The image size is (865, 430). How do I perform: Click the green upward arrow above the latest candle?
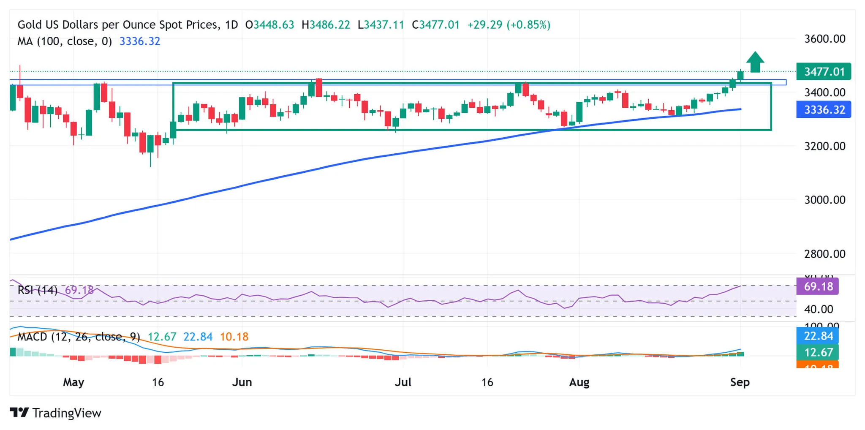click(x=755, y=62)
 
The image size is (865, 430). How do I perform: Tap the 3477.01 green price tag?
click(x=823, y=71)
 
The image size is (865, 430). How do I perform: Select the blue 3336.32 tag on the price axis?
click(x=823, y=110)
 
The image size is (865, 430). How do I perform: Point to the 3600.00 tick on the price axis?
click(x=824, y=39)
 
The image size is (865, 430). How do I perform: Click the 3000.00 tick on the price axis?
click(x=824, y=200)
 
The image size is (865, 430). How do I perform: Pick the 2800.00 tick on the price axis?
click(x=824, y=254)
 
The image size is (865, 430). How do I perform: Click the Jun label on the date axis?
click(x=242, y=382)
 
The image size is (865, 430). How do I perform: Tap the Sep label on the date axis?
click(x=740, y=382)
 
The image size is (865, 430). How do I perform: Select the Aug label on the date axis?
click(x=579, y=382)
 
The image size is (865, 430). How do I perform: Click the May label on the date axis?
click(x=73, y=382)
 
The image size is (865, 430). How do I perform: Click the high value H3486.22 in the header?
click(x=326, y=25)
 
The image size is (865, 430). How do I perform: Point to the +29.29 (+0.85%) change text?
click(x=509, y=25)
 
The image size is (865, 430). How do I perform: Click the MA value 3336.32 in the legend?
click(x=140, y=41)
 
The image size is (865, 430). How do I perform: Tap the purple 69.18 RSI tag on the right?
click(x=818, y=286)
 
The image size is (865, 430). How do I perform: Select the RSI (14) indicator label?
click(x=38, y=290)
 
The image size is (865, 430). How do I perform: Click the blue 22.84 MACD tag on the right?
click(x=818, y=336)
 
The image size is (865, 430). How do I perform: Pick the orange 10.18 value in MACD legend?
click(x=234, y=337)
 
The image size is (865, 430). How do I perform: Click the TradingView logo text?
click(x=66, y=413)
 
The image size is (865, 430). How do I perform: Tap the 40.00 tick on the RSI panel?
click(x=818, y=309)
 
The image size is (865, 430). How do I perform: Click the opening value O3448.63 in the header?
click(x=269, y=25)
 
